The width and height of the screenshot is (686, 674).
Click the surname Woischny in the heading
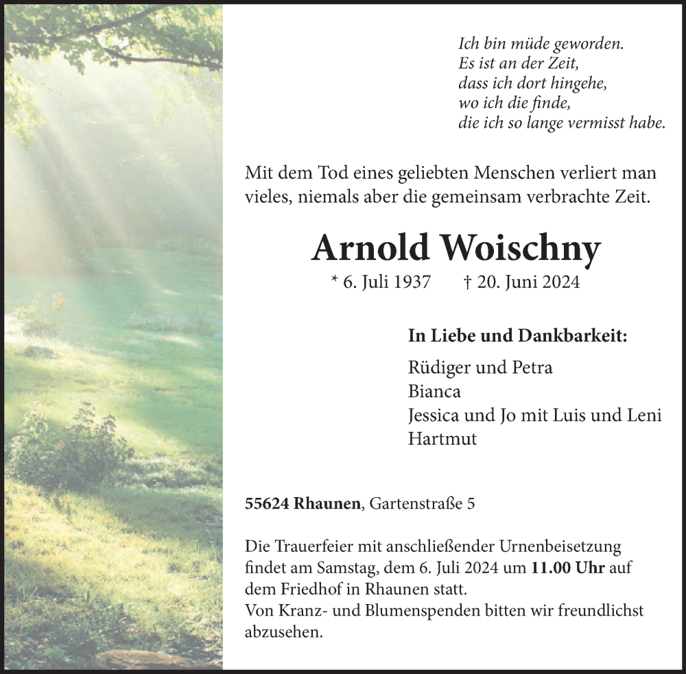pos(521,249)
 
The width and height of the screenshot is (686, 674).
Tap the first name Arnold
pos(369,248)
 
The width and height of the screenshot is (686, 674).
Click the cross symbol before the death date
pos(468,282)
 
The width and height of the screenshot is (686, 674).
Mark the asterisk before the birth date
pos(335,280)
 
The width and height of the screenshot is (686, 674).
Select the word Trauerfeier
pos(308,547)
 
